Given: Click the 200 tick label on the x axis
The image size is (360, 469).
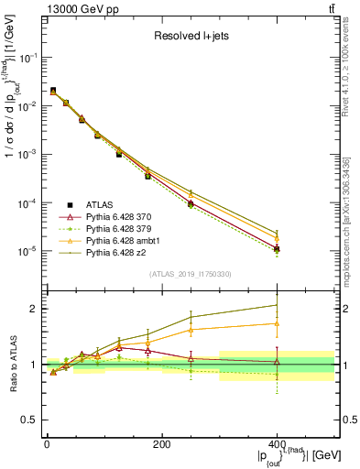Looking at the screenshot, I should (x=161, y=443).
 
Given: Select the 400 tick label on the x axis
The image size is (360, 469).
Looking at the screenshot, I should (x=277, y=443).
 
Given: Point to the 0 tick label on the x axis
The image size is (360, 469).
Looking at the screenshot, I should (x=47, y=443).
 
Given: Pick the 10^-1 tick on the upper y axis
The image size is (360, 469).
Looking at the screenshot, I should (x=30, y=57).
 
